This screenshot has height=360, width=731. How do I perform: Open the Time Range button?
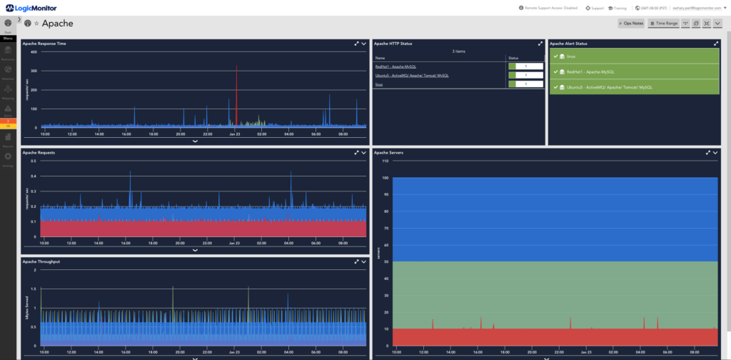[x=663, y=24]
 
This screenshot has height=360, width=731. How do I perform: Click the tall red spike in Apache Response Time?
[x=236, y=93]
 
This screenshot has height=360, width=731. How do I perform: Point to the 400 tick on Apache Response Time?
[x=34, y=54]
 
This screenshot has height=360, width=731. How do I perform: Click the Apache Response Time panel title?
[x=44, y=44]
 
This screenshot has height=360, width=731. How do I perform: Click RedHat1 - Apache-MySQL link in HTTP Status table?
[x=395, y=66]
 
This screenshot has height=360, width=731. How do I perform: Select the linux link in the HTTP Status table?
[x=378, y=84]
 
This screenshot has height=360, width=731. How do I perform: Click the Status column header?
[x=513, y=58]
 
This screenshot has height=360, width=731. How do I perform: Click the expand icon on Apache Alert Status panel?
[x=716, y=44]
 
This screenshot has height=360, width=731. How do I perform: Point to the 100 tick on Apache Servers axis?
[x=385, y=178]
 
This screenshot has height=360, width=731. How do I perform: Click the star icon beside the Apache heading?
[x=36, y=24]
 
